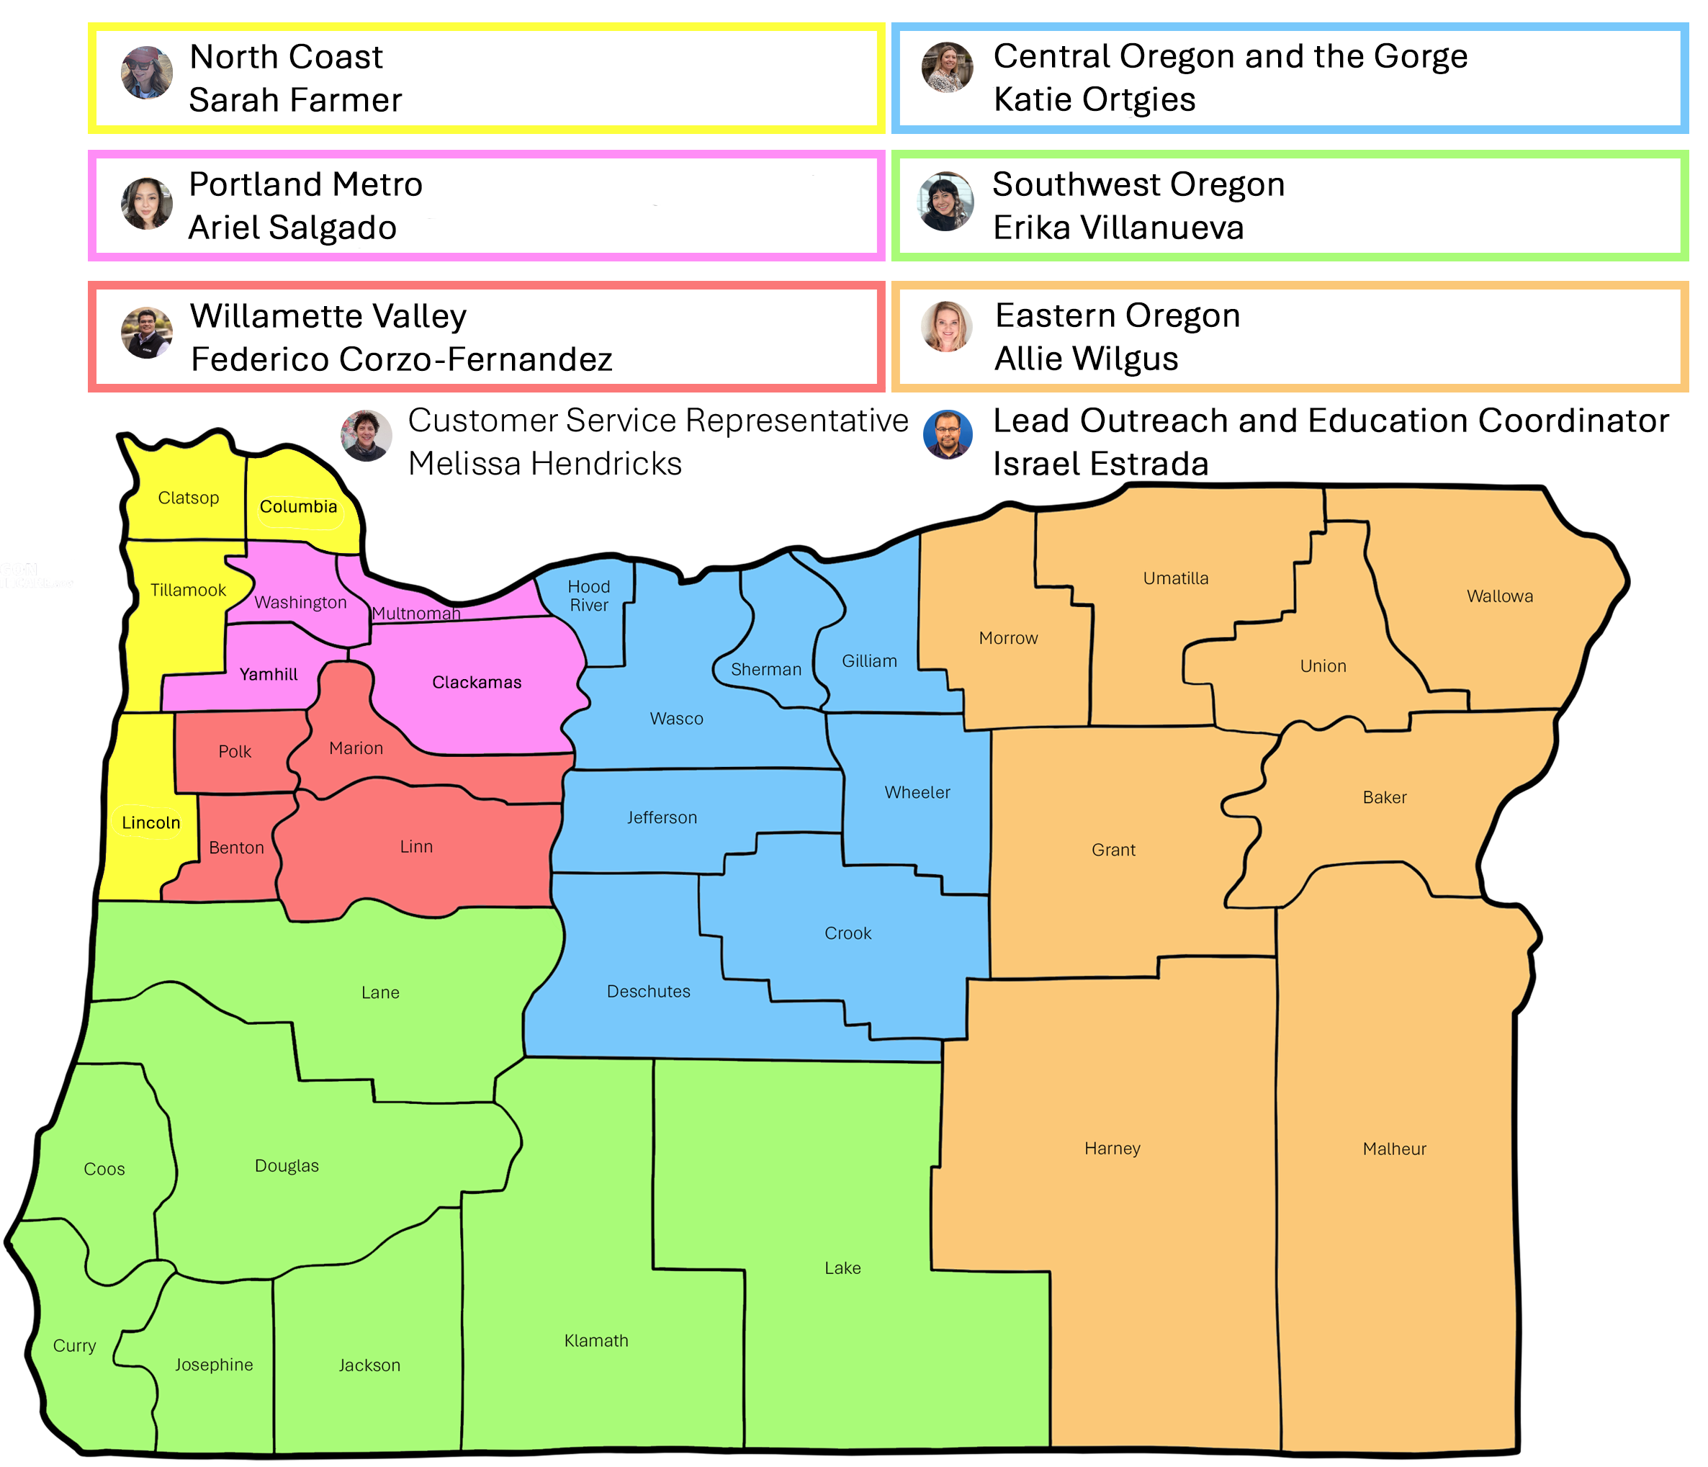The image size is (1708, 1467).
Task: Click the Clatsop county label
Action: click(x=188, y=498)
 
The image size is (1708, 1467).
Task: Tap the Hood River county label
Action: click(x=588, y=596)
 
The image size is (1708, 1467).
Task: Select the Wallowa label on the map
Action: click(x=1499, y=596)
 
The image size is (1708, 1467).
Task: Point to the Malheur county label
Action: click(x=1394, y=1149)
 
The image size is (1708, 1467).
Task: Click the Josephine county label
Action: click(x=213, y=1365)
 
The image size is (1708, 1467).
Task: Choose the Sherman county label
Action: click(x=766, y=670)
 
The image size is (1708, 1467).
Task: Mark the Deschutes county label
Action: click(x=648, y=991)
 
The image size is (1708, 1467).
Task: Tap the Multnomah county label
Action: click(x=415, y=614)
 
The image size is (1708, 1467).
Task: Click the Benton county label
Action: click(x=237, y=848)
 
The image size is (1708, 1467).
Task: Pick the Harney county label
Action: click(x=1112, y=1149)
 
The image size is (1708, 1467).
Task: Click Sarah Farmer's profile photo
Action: click(x=147, y=73)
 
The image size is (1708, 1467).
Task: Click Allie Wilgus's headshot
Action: click(x=946, y=326)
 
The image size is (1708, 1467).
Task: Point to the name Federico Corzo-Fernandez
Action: click(x=402, y=359)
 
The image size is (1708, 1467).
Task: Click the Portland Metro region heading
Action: click(x=306, y=184)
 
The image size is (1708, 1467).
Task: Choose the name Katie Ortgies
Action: click(x=1094, y=100)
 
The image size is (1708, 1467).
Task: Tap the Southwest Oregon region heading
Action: click(x=1138, y=184)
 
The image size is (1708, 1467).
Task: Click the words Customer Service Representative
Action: click(x=658, y=421)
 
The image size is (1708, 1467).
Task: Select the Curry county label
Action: click(x=74, y=1346)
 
